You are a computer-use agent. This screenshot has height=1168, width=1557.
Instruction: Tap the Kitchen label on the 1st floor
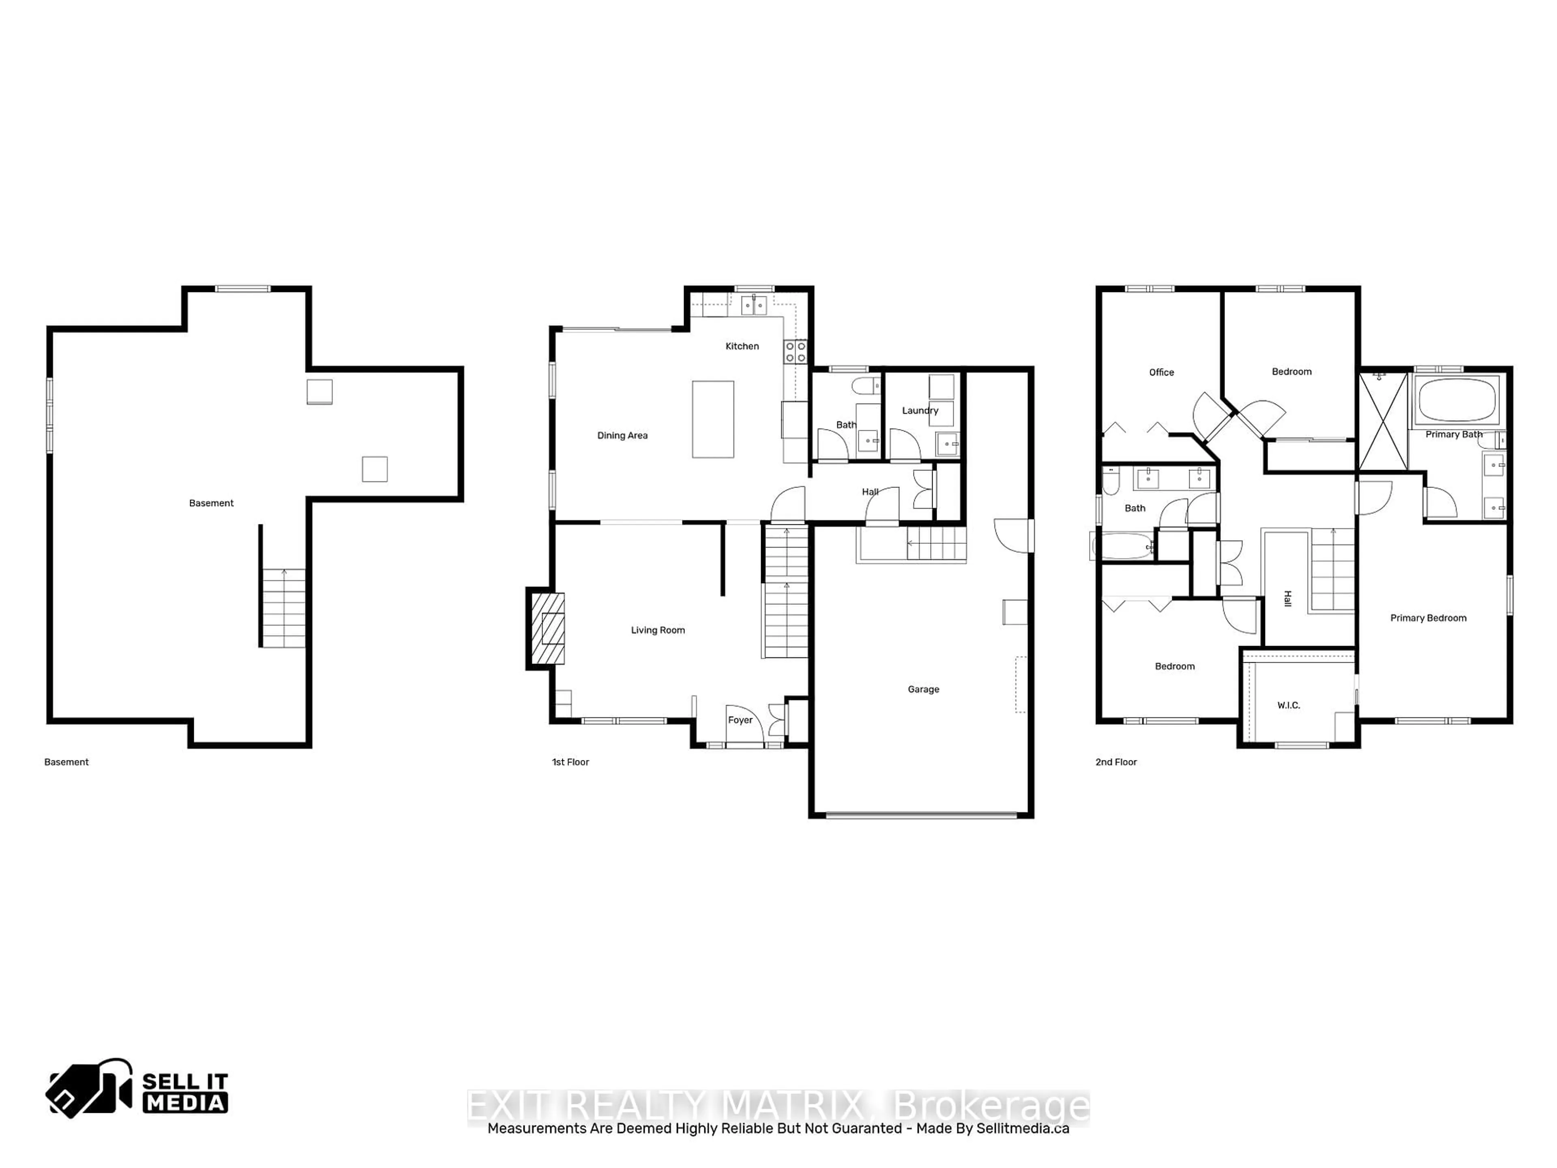tap(742, 346)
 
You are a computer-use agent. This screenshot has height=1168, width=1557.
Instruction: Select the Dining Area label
tap(622, 436)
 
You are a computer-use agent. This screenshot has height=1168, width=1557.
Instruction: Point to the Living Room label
tap(657, 630)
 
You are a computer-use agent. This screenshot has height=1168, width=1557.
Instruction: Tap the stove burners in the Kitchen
tap(796, 352)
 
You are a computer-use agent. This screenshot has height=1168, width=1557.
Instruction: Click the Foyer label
tap(740, 720)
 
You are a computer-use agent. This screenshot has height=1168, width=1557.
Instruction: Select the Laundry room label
tap(920, 410)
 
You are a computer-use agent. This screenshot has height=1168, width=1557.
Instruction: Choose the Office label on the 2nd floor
tap(1161, 372)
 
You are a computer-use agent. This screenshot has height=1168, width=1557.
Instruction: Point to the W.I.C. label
tap(1288, 705)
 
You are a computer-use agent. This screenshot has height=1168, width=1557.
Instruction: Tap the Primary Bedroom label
tap(1428, 618)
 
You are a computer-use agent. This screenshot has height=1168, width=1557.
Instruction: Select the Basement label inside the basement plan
tap(211, 503)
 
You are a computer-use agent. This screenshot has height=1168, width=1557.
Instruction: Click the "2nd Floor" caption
tap(1116, 762)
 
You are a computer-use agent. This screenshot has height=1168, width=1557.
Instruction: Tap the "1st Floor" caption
tap(570, 762)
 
